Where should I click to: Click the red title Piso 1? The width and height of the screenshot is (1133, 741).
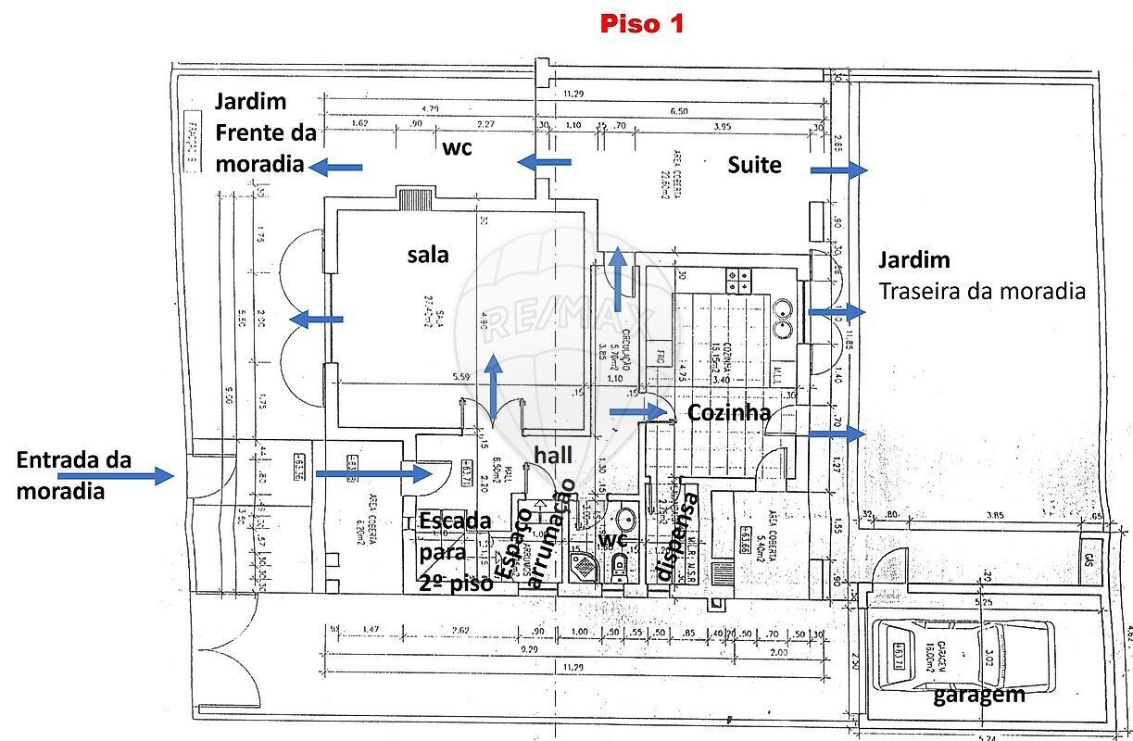point(641,24)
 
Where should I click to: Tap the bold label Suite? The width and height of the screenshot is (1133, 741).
point(754,165)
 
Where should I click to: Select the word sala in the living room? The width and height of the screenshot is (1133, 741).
point(428,254)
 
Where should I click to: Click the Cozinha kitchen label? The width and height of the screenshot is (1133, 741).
point(729,412)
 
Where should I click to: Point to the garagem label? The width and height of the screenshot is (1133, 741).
point(978,694)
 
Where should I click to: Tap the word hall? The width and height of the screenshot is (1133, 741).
point(553,455)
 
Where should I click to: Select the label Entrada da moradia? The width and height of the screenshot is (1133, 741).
point(74,475)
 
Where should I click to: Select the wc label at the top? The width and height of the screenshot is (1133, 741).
point(458,147)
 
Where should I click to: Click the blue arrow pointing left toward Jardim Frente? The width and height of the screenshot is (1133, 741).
point(335,167)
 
